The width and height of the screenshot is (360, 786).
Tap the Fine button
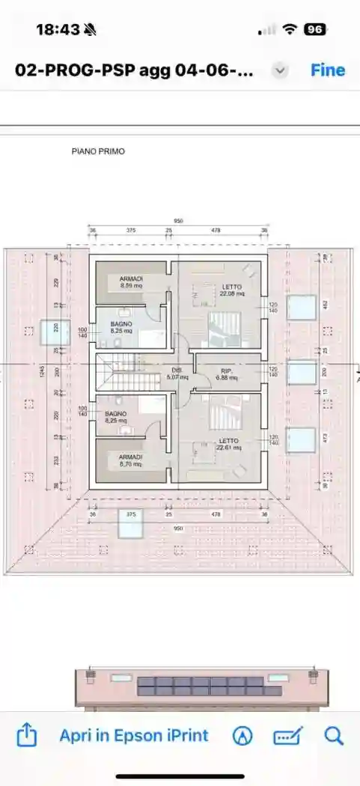[x=328, y=70]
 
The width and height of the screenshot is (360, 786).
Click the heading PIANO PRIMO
[x=98, y=151]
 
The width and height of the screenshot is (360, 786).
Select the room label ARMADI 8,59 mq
[x=131, y=282]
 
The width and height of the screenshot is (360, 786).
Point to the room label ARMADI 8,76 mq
[x=131, y=460]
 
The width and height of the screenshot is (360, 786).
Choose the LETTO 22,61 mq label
[x=229, y=445]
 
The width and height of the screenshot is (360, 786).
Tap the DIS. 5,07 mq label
[x=177, y=374]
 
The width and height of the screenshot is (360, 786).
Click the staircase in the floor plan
[x=118, y=372]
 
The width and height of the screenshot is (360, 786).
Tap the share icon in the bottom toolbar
[x=26, y=735]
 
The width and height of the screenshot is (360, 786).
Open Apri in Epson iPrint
[x=134, y=735]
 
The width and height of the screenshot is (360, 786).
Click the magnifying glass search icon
[x=334, y=735]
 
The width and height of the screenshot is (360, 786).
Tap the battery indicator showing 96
[x=314, y=30]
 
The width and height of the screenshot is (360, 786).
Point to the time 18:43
[x=58, y=30]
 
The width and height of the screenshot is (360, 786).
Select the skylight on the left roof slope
[x=55, y=332]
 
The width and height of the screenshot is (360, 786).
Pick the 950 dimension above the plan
[x=179, y=222]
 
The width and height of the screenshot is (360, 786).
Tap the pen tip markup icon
[x=242, y=736]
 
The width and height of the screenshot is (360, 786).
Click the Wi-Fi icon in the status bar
[x=290, y=30]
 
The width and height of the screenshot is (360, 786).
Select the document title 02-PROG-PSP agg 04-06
[x=135, y=70]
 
